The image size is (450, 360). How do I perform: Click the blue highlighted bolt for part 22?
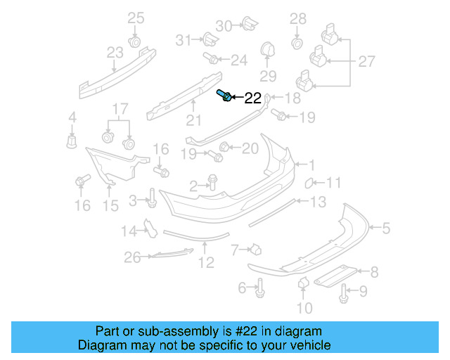point(224,96)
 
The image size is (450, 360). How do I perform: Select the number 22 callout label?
point(252,98)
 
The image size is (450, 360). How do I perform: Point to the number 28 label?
point(298,18)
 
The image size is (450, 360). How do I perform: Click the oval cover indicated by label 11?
point(308,184)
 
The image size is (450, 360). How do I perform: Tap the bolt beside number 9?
point(342,293)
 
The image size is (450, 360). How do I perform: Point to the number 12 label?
point(205,264)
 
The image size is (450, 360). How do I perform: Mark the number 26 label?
point(132,258)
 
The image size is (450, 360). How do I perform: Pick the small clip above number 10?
point(304,283)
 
